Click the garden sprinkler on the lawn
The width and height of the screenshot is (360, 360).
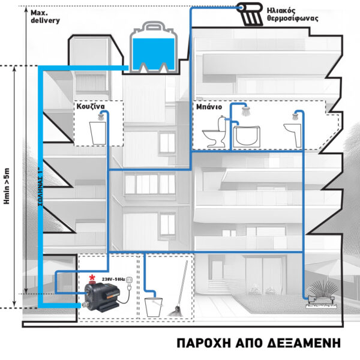coord(315,298)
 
